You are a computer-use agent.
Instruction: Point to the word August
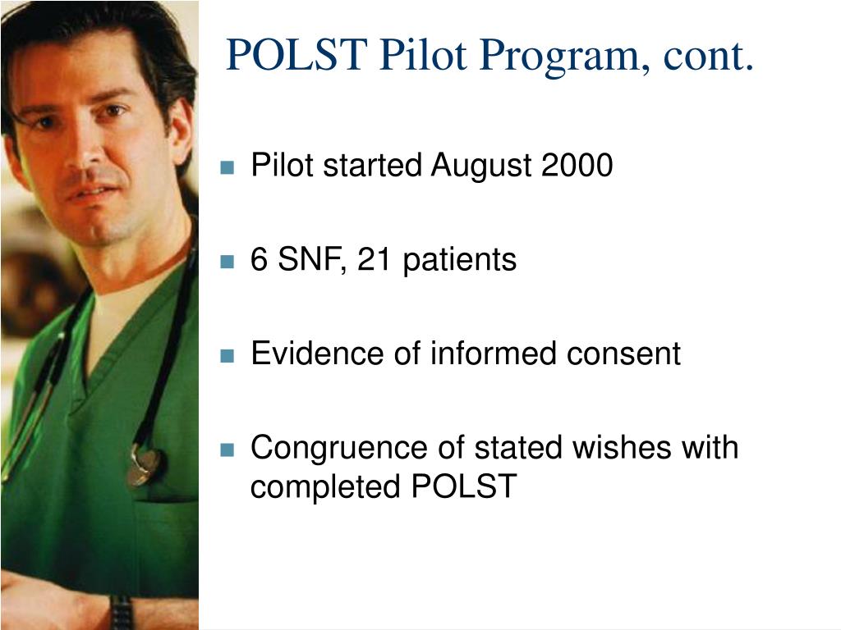click(x=482, y=166)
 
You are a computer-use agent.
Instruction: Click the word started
click(x=373, y=166)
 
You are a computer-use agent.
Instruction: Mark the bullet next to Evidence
click(x=227, y=357)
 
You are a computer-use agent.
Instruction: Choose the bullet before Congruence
click(x=227, y=450)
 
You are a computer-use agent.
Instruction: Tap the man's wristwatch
click(x=121, y=612)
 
